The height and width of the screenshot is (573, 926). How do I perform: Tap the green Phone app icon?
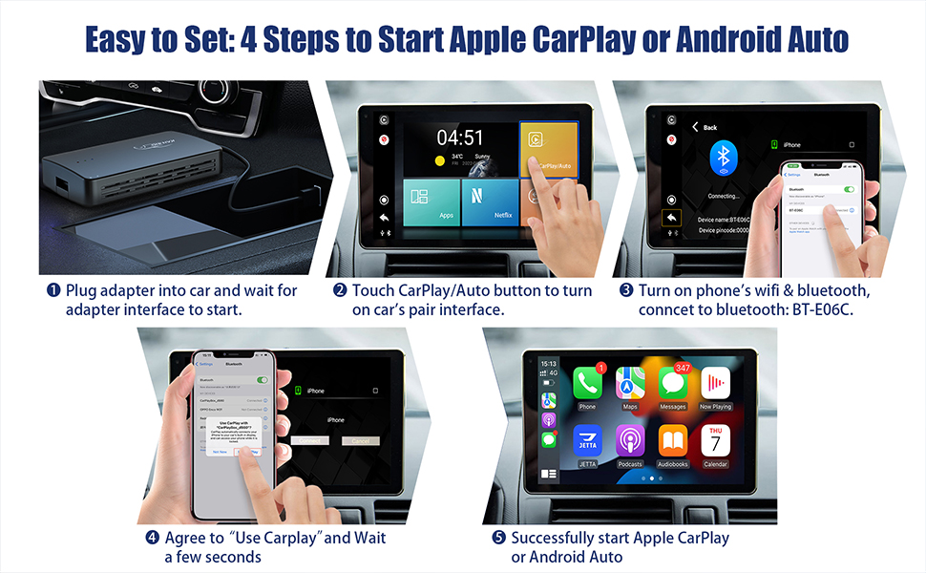(x=586, y=384)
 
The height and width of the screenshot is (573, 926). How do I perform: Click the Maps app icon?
(x=629, y=384)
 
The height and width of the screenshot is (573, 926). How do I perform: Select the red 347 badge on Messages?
(x=683, y=368)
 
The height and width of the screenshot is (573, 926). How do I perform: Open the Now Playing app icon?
(x=715, y=384)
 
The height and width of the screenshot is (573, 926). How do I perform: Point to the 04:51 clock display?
(x=459, y=138)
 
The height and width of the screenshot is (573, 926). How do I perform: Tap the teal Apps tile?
(x=439, y=202)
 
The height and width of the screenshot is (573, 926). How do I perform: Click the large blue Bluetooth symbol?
(x=724, y=159)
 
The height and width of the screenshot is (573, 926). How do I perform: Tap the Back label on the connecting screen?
(x=709, y=127)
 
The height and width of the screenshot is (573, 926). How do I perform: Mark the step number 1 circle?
(x=53, y=290)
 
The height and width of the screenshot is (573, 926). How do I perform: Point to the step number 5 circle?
(x=497, y=538)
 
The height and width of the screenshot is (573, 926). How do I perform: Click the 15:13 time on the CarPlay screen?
(x=549, y=364)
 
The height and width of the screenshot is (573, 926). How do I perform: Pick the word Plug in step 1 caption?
(x=81, y=290)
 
